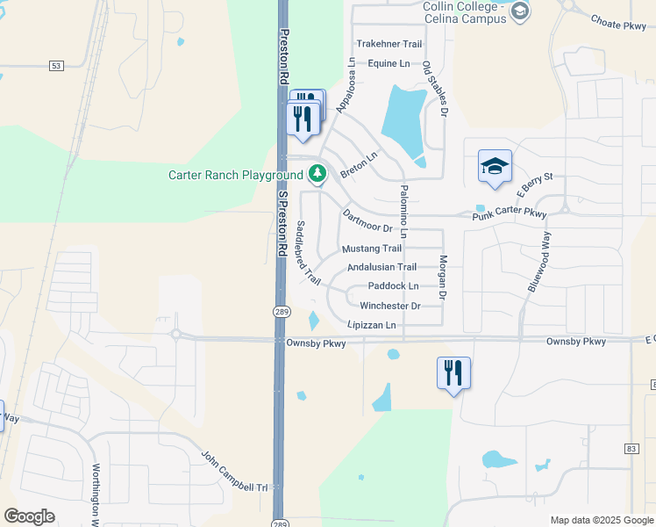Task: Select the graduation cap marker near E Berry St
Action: click(x=495, y=164)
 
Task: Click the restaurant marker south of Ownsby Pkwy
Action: click(x=453, y=372)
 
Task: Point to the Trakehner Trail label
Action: click(x=389, y=44)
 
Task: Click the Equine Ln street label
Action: click(x=389, y=63)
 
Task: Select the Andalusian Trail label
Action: click(x=381, y=267)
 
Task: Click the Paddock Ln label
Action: click(x=393, y=285)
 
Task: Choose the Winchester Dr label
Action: click(x=389, y=306)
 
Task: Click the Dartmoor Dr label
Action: click(x=367, y=221)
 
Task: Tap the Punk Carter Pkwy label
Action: click(x=509, y=213)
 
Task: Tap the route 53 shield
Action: click(x=57, y=65)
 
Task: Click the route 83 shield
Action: click(x=631, y=449)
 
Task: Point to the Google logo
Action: click(x=29, y=516)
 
